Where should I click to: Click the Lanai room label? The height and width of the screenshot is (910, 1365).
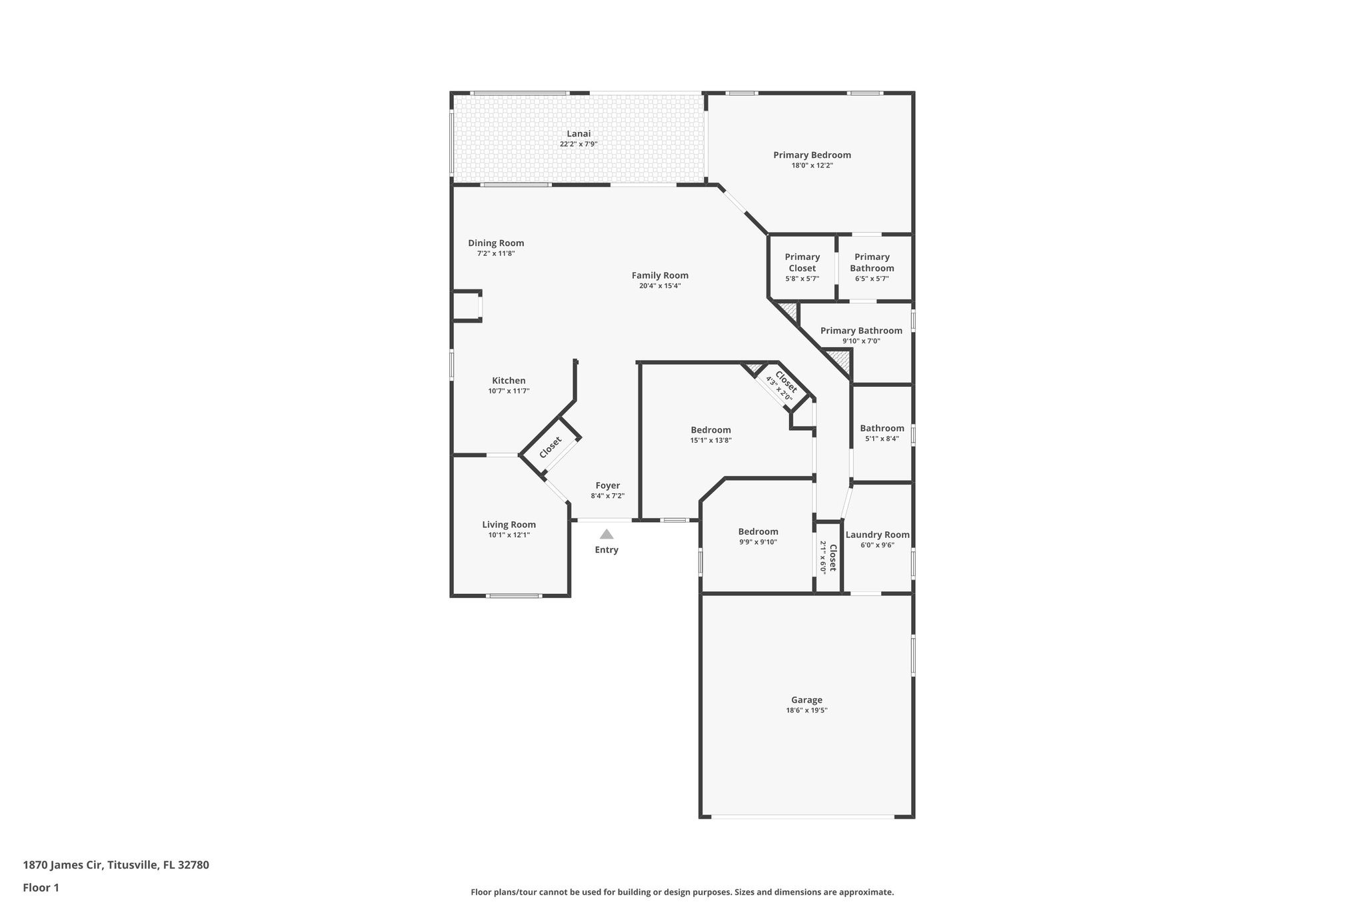click(x=579, y=134)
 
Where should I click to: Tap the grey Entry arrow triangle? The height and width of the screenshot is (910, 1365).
click(x=607, y=534)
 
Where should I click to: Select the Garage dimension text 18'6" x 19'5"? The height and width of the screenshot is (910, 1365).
click(x=806, y=711)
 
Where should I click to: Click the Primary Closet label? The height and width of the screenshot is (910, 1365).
click(x=802, y=263)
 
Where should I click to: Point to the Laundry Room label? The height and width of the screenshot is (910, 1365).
click(x=877, y=535)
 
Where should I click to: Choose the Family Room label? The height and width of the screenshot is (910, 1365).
click(x=660, y=275)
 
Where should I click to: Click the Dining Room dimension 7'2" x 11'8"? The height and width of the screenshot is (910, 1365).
click(x=496, y=254)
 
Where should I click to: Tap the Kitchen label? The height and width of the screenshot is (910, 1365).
click(x=509, y=381)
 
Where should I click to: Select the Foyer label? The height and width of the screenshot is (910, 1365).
click(x=607, y=485)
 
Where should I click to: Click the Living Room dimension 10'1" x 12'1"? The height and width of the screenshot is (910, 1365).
click(x=509, y=535)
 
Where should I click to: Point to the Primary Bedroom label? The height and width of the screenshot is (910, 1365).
click(x=812, y=155)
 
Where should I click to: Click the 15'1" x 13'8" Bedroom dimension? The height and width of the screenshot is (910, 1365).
click(x=710, y=441)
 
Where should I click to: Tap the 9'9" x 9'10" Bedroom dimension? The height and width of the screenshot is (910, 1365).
click(x=758, y=543)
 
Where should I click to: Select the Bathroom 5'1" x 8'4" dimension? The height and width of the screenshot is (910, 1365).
click(x=882, y=439)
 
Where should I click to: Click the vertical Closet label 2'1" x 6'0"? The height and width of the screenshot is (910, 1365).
click(x=828, y=557)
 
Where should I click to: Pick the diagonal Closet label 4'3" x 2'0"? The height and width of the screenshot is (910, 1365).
click(x=782, y=385)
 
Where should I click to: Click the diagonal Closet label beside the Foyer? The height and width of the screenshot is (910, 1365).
click(x=551, y=447)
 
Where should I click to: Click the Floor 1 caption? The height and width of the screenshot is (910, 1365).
click(x=41, y=887)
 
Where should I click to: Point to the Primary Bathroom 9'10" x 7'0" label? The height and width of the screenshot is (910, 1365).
click(x=861, y=331)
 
